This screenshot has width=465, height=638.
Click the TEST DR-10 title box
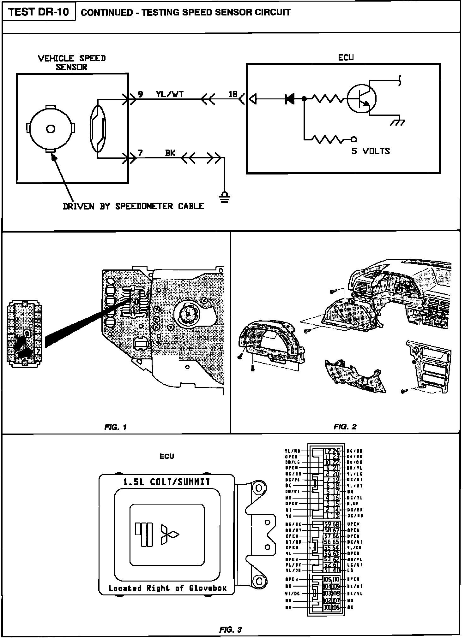pyautogui.click(x=38, y=12)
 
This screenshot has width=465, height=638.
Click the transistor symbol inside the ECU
pyautogui.click(x=361, y=99)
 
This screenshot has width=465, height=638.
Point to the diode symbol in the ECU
pyautogui.click(x=289, y=99)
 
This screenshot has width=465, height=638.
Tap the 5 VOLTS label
pyautogui.click(x=371, y=151)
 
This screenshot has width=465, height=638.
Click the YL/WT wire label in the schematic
pyautogui.click(x=169, y=94)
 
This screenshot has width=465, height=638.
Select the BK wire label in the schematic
pyautogui.click(x=170, y=153)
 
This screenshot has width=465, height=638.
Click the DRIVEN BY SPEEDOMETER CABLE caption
pyautogui.click(x=133, y=206)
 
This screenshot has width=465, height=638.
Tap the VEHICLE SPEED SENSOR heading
pyautogui.click(x=72, y=62)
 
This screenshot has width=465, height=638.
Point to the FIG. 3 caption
pyautogui.click(x=230, y=630)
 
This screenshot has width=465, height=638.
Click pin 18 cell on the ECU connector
pyautogui.click(x=336, y=486)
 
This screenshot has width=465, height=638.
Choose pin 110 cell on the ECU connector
pyautogui.click(x=336, y=579)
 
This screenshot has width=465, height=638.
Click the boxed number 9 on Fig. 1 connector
pyautogui.click(x=27, y=334)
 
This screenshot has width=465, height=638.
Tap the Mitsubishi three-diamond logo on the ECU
pyautogui.click(x=169, y=535)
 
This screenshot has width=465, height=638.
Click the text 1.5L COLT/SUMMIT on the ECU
pyautogui.click(x=166, y=482)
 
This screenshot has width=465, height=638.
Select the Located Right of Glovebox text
pyautogui.click(x=167, y=588)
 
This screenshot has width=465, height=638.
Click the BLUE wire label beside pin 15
pyautogui.click(x=353, y=504)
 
